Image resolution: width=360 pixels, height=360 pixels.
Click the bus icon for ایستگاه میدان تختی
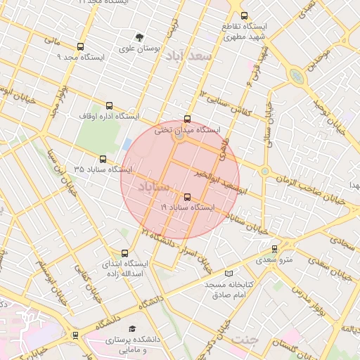click(x=186, y=119)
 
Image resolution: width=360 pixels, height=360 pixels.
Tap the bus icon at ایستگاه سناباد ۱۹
click(x=186, y=197)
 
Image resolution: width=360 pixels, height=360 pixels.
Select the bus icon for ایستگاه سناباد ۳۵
click(x=103, y=160)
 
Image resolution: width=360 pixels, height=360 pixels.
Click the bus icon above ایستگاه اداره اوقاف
click(x=108, y=105)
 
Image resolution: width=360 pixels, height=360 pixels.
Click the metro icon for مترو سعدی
click(x=274, y=248)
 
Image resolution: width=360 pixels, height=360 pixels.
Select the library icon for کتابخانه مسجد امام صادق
click(x=227, y=273)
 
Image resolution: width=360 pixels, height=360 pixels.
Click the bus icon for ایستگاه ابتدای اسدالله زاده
click(x=125, y=252)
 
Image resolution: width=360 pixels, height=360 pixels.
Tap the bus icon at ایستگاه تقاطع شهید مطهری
click(x=244, y=15)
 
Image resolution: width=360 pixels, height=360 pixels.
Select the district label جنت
click(x=245, y=339)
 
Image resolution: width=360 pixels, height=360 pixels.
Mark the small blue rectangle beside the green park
click(x=127, y=144)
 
